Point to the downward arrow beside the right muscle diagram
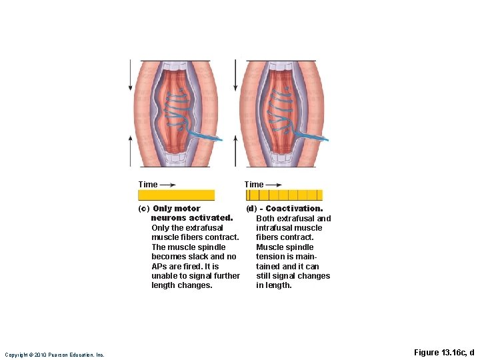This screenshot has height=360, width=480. (x=235, y=75)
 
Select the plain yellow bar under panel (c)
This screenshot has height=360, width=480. (x=176, y=195)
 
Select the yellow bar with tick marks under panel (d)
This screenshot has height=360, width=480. (x=284, y=195)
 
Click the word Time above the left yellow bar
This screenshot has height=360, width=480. (x=148, y=185)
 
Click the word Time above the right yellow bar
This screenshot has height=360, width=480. (x=253, y=185)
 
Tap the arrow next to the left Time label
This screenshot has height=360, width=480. (x=168, y=185)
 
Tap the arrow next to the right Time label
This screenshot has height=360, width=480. (x=273, y=185)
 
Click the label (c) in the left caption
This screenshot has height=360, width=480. (x=143, y=209)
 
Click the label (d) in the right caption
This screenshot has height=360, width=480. (x=251, y=209)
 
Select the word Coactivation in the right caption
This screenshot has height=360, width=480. (x=294, y=209)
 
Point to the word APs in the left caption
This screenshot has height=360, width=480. (x=160, y=266)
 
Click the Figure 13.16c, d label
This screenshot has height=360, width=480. (x=443, y=353)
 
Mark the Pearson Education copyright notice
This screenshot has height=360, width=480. (x=55, y=355)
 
